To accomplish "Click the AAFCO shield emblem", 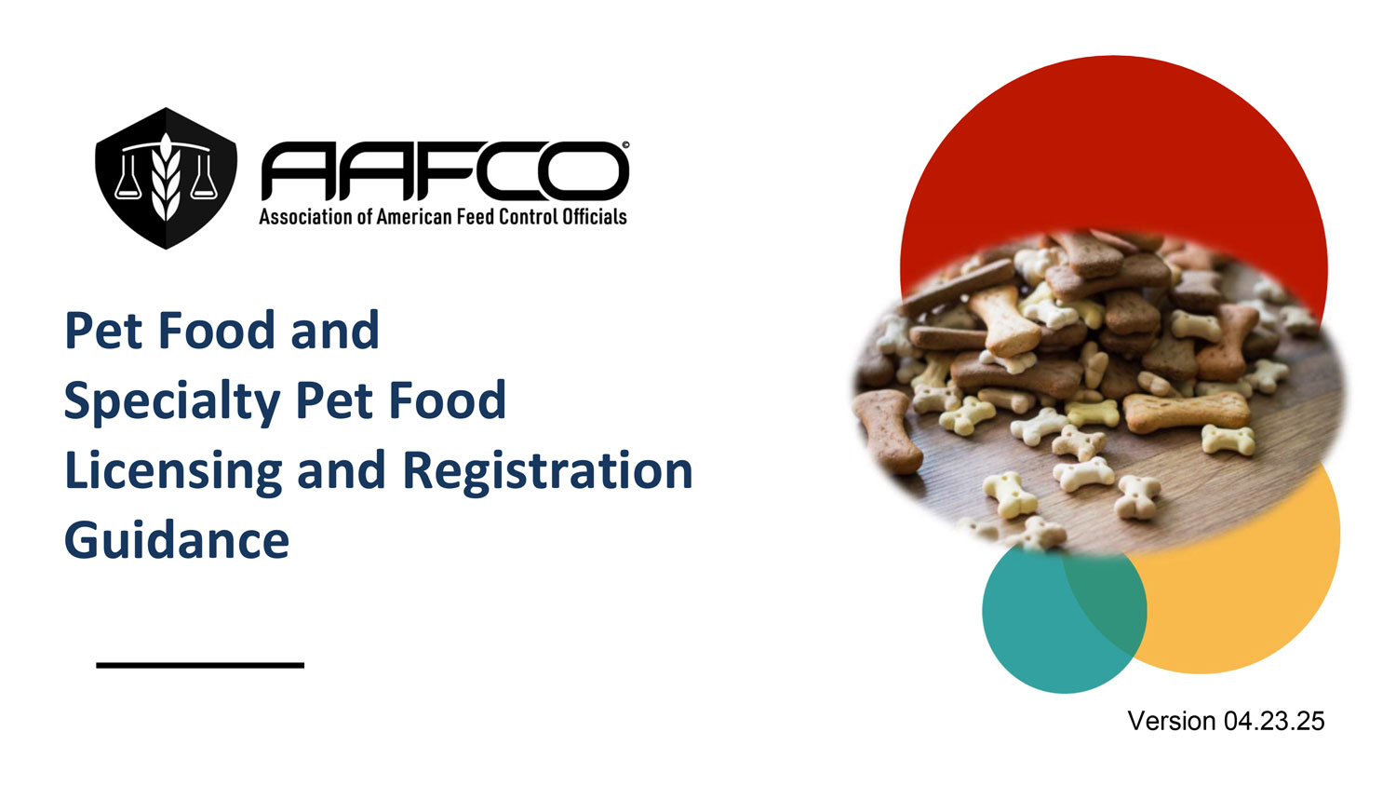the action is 166,179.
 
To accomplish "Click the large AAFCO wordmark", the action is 445,171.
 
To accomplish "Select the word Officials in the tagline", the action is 595,216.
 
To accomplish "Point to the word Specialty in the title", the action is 172,401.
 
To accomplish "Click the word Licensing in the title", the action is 173,472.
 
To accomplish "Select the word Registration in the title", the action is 548,471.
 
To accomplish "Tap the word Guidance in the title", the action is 177,539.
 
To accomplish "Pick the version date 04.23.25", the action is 1274,721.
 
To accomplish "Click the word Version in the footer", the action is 1172,721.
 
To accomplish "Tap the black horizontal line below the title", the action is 200,666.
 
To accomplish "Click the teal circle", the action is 1035,624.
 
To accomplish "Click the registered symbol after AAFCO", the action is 625,145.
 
